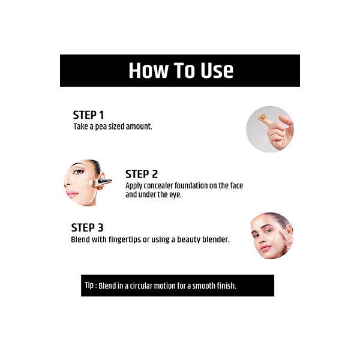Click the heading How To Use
pyautogui.click(x=180, y=71)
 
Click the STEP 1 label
pyautogui.click(x=88, y=115)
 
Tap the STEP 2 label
pyautogui.click(x=142, y=174)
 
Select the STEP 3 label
pyautogui.click(x=87, y=227)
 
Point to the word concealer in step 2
pyautogui.click(x=157, y=185)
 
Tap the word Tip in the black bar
pyautogui.click(x=90, y=286)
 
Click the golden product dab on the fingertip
pyautogui.click(x=263, y=118)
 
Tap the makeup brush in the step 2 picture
pyautogui.click(x=99, y=182)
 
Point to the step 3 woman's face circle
pyautogui.click(x=272, y=236)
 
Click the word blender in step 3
pyautogui.click(x=215, y=239)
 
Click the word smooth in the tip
pyautogui.click(x=200, y=286)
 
